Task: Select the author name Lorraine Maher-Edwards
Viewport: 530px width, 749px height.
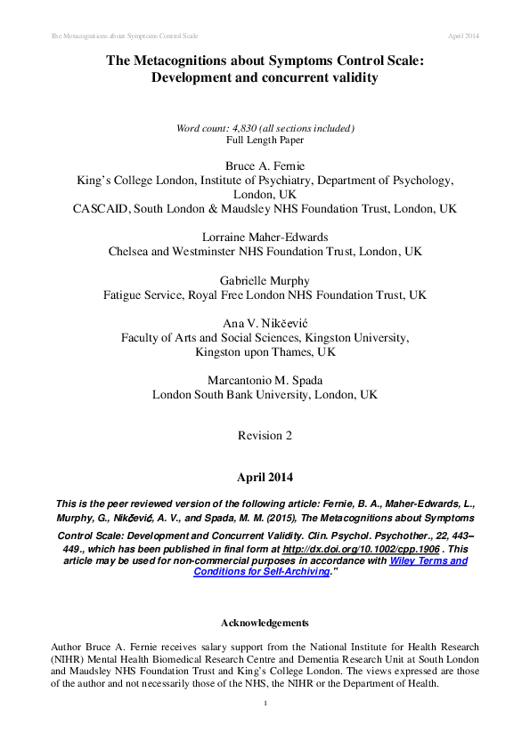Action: (x=265, y=236)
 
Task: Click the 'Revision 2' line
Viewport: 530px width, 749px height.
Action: (x=265, y=435)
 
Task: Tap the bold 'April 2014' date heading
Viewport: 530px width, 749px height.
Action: (x=265, y=477)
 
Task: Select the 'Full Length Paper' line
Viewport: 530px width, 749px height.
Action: (x=265, y=141)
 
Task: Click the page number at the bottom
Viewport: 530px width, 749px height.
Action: (x=265, y=704)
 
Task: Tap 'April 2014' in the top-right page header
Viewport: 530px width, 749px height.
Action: (x=463, y=35)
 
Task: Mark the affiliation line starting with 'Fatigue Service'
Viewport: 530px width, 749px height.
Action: (x=265, y=294)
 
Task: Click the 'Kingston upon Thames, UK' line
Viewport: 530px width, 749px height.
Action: (x=265, y=351)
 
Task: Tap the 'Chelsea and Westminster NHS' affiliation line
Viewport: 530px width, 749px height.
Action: (x=265, y=251)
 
